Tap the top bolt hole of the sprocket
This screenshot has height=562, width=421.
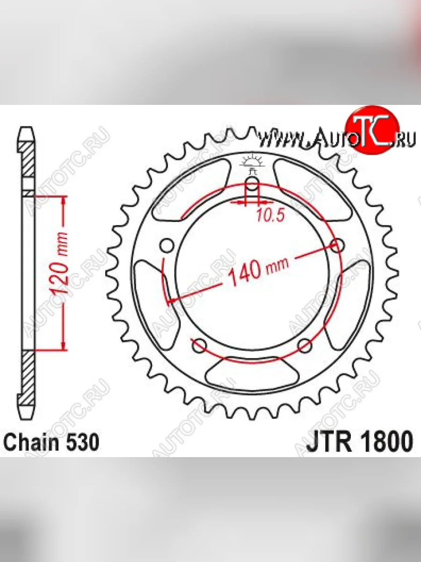pyautogui.click(x=252, y=184)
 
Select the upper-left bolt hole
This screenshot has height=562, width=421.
pyautogui.click(x=167, y=246)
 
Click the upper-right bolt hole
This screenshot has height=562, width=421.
pyautogui.click(x=337, y=246)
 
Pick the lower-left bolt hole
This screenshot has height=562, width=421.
pyautogui.click(x=199, y=347)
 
